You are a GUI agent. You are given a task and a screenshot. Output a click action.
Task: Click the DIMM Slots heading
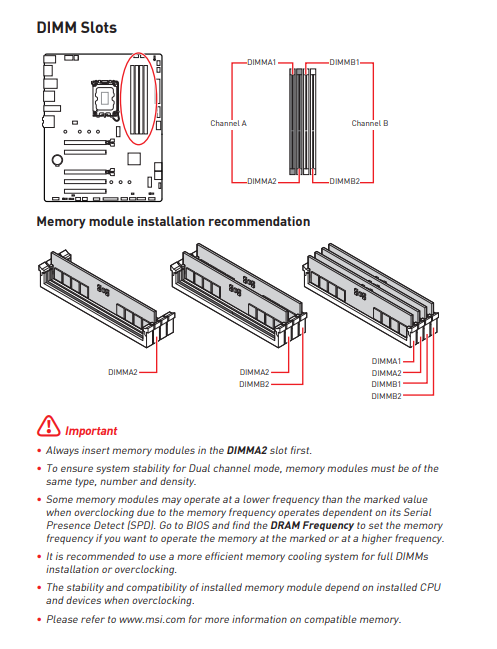[x=77, y=28]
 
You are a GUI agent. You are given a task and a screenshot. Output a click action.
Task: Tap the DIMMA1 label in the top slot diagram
[x=262, y=62]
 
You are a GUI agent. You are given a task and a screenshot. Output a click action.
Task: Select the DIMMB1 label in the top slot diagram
[x=344, y=62]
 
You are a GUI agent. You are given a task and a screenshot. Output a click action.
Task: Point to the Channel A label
[x=228, y=123]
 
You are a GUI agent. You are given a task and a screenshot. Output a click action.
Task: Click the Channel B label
[x=370, y=123]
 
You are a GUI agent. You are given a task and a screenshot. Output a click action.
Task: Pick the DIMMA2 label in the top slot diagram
[x=262, y=181]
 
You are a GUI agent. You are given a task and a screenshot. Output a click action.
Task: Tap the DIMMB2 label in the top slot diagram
[x=345, y=181]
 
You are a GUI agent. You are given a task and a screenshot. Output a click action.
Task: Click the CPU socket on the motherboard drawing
[x=105, y=98]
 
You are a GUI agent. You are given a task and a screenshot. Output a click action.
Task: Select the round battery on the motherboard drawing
[x=57, y=160]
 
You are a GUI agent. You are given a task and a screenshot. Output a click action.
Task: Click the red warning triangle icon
[x=48, y=426]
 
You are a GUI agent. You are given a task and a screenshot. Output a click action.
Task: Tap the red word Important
[x=91, y=431]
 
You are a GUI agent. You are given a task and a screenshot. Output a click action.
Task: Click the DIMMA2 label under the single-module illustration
[x=123, y=373]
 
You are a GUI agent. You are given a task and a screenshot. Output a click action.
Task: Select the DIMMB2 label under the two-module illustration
[x=254, y=385]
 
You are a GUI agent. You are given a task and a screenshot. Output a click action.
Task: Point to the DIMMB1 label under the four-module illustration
[x=386, y=385]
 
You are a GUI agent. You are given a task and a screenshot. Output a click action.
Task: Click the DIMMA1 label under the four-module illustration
[x=386, y=361]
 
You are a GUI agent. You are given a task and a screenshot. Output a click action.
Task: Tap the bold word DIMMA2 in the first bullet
[x=247, y=450]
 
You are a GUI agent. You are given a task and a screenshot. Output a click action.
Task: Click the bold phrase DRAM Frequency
[x=312, y=526]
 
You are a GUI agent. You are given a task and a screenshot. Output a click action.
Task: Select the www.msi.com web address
[x=152, y=620]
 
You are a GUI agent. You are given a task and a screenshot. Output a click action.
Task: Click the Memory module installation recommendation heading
[x=173, y=222]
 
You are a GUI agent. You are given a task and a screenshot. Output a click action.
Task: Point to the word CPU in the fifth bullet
[x=430, y=588]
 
